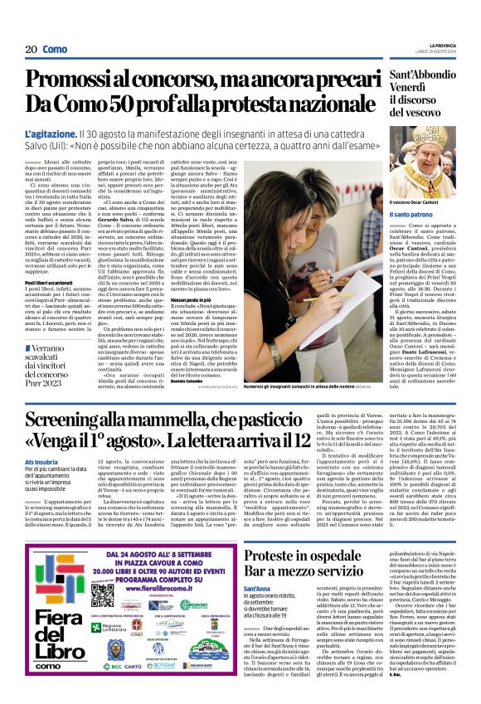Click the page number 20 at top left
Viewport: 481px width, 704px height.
pos(32,50)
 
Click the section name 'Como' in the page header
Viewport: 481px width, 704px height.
pos(56,50)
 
